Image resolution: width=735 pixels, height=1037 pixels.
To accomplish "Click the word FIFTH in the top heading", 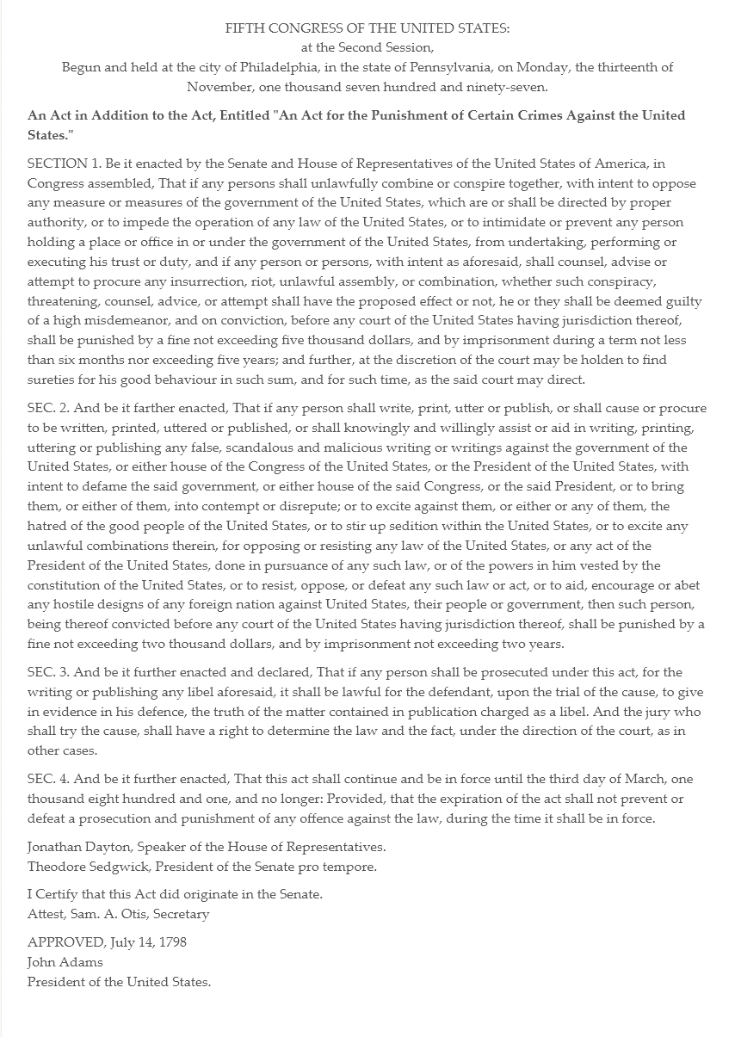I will coord(244,28).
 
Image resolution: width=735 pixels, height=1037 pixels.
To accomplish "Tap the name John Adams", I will coord(65,962).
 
